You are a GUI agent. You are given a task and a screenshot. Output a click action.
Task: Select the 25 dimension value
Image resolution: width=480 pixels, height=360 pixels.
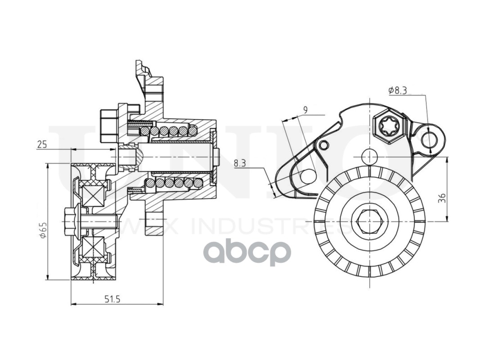pyautogui.click(x=42, y=144)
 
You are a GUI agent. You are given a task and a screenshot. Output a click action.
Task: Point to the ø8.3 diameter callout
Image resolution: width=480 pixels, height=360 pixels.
pyautogui.click(x=398, y=90)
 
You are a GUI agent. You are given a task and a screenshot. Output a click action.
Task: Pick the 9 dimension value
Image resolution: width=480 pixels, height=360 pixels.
pyautogui.click(x=306, y=109)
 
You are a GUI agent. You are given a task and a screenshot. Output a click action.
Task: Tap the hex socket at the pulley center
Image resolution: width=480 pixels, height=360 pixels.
pyautogui.click(x=369, y=220)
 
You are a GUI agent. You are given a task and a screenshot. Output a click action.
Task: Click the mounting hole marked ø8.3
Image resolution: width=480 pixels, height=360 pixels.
pyautogui.click(x=429, y=139)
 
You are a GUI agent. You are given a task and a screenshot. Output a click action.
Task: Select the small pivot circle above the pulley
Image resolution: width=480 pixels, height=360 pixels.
pyautogui.click(x=369, y=156)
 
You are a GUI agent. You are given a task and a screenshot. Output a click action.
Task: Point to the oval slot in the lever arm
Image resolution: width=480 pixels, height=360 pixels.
pyautogui.click(x=308, y=176)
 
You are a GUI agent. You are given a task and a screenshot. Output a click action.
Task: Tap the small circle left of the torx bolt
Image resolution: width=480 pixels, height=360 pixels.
pyautogui.click(x=323, y=145)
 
